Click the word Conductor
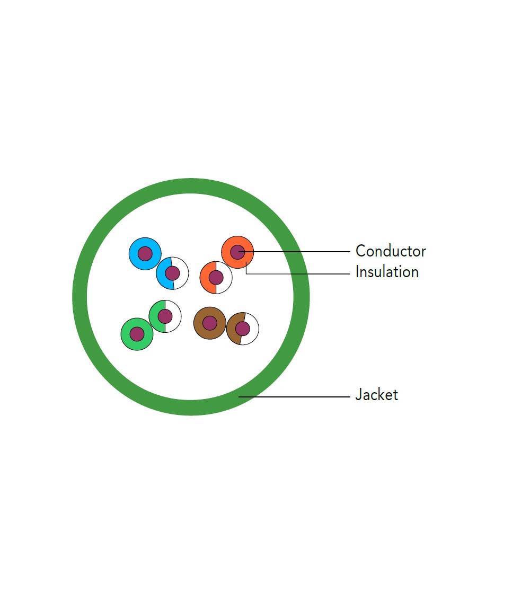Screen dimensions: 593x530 tap(391, 251)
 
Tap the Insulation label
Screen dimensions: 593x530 tap(387, 272)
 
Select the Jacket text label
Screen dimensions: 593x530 tap(376, 395)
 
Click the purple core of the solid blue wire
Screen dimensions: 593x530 tap(145, 253)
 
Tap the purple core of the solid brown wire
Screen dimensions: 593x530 tap(210, 322)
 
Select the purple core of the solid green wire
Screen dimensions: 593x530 tap(137, 334)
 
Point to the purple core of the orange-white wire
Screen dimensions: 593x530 tap(216, 277)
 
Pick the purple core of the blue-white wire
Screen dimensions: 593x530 tap(172, 273)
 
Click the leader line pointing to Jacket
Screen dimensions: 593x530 tap(297, 396)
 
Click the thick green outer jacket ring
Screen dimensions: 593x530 tap(79, 297)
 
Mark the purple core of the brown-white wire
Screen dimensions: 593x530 tap(242, 329)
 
